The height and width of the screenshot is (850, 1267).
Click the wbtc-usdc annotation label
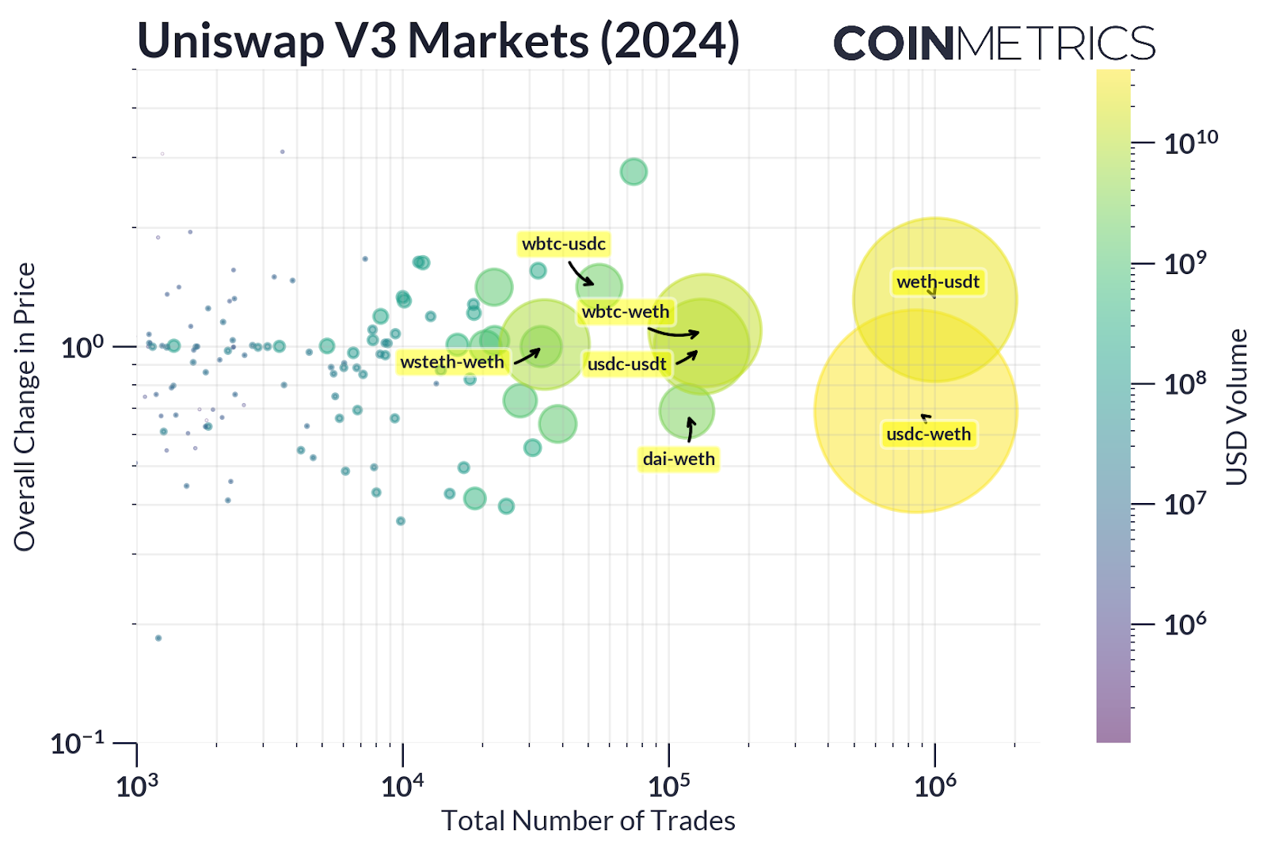(x=563, y=244)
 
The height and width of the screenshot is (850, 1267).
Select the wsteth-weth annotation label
(x=451, y=362)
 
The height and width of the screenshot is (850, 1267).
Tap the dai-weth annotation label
(x=679, y=459)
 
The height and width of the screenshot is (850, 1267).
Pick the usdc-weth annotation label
(x=928, y=434)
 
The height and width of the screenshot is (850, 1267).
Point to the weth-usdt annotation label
(x=938, y=282)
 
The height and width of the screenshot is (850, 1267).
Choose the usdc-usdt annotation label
(x=626, y=364)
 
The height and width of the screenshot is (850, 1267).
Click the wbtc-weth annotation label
(x=625, y=312)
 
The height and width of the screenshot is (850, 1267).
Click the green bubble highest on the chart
(x=633, y=171)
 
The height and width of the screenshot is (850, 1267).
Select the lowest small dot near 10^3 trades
(x=158, y=638)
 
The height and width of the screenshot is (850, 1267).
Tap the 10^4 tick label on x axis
(x=402, y=787)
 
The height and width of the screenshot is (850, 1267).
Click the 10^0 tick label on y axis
(x=82, y=347)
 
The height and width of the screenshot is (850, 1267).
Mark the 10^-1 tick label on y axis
(x=77, y=744)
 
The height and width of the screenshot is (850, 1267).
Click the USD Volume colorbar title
(x=1237, y=406)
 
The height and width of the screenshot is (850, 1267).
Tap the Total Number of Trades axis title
(x=588, y=821)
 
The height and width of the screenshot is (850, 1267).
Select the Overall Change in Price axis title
(x=25, y=406)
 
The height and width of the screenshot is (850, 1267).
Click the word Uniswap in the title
(x=230, y=41)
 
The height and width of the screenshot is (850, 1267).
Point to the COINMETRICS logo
(x=994, y=43)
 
